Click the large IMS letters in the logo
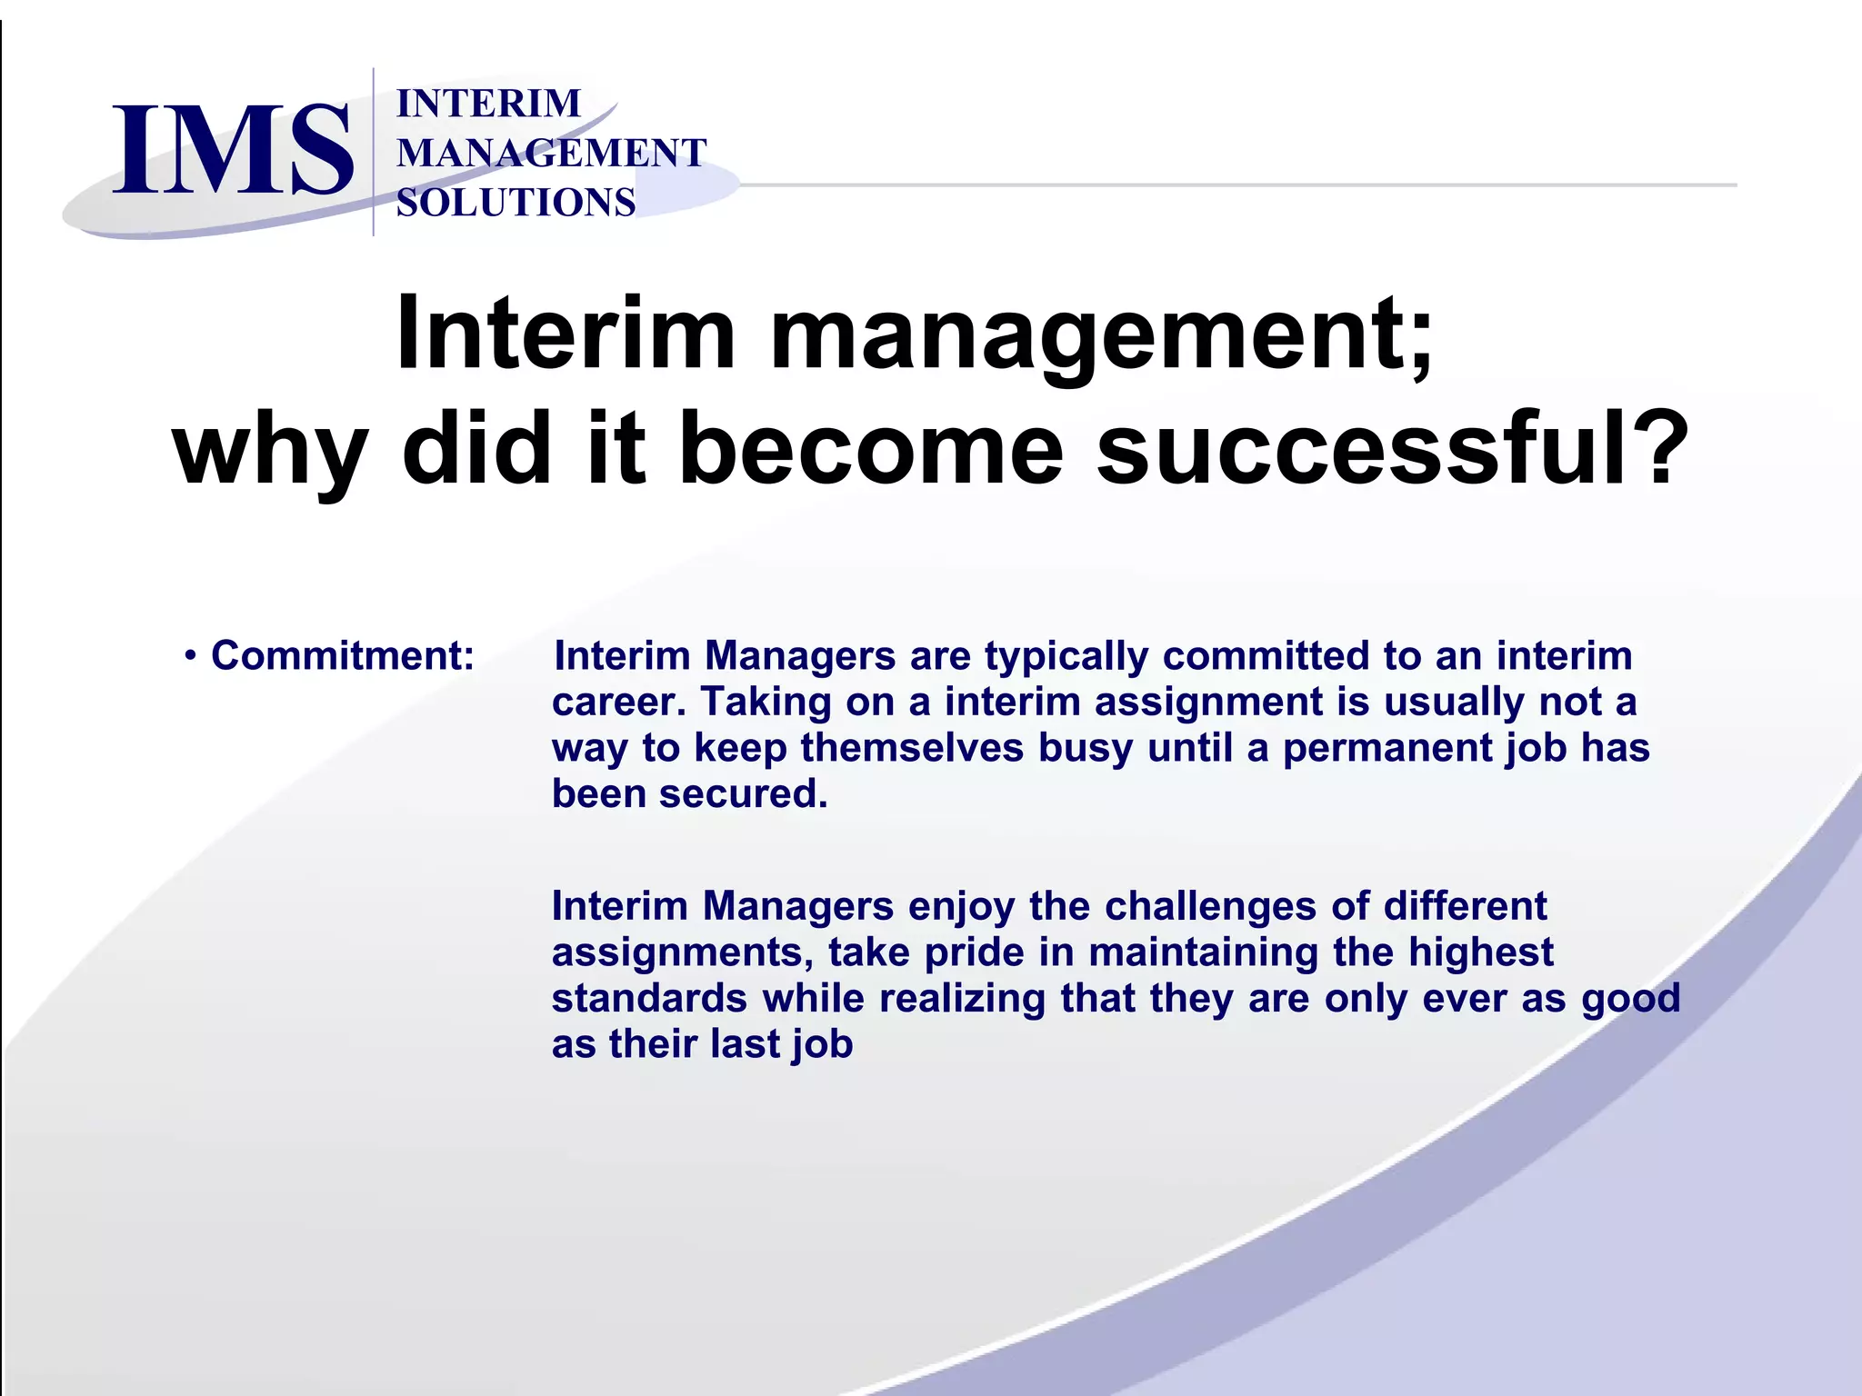232,150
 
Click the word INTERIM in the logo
488,104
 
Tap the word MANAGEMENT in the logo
551,153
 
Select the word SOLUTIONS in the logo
516,202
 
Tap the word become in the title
870,449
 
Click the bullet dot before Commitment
190,656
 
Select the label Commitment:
343,656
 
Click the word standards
649,998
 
